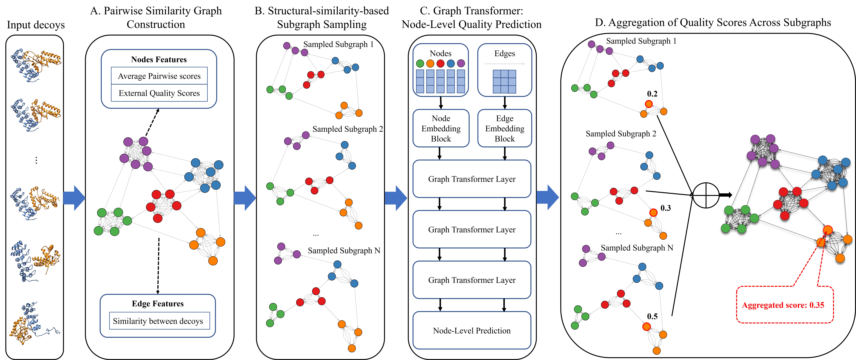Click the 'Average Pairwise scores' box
(x=159, y=76)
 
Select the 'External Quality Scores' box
(x=159, y=93)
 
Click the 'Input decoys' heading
(x=36, y=25)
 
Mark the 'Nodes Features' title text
(x=159, y=60)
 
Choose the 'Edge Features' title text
(x=158, y=303)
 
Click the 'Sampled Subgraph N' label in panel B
(x=344, y=251)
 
